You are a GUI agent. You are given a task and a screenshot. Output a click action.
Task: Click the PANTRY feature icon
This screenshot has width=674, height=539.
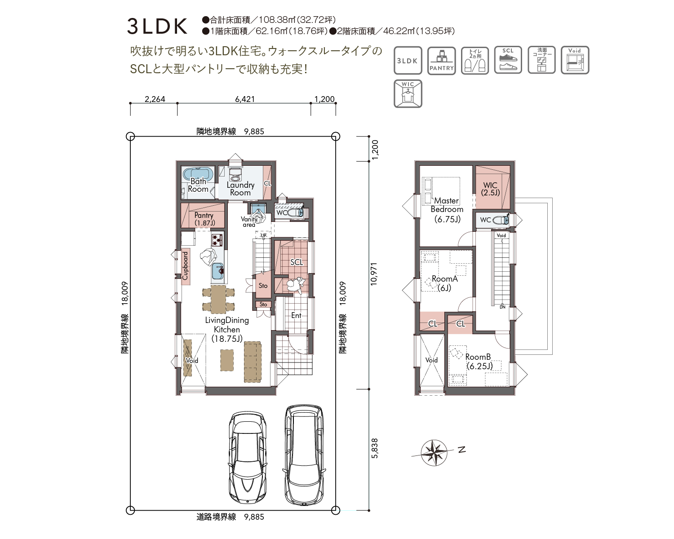(x=441, y=61)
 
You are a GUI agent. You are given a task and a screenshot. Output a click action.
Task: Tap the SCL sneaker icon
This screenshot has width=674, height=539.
(x=508, y=60)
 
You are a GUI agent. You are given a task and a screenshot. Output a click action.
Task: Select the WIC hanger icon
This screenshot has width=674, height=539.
(x=408, y=93)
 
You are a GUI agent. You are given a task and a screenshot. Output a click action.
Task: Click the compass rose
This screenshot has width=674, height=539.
(x=434, y=452)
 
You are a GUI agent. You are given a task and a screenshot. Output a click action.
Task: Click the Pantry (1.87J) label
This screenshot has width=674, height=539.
(x=204, y=219)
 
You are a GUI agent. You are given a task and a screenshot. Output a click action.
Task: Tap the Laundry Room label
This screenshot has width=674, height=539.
(x=240, y=189)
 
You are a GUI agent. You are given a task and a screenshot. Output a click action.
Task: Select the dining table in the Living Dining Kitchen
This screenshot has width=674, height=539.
(x=218, y=299)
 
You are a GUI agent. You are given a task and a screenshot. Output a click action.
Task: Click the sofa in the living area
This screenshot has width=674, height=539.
(x=253, y=362)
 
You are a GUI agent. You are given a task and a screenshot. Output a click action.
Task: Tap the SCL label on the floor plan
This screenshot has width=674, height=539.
(x=296, y=262)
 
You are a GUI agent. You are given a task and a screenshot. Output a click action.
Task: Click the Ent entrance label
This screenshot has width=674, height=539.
(x=296, y=315)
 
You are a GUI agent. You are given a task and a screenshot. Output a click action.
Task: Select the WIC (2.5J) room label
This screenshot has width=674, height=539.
(x=491, y=189)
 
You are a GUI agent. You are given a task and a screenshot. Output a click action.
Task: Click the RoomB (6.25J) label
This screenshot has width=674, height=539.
(x=479, y=361)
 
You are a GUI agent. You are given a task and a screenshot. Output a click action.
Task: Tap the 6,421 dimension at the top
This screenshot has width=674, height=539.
(x=245, y=99)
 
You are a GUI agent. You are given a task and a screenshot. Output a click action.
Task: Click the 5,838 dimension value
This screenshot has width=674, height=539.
(x=375, y=448)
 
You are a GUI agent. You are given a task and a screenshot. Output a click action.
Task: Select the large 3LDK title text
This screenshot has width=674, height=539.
(x=157, y=27)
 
